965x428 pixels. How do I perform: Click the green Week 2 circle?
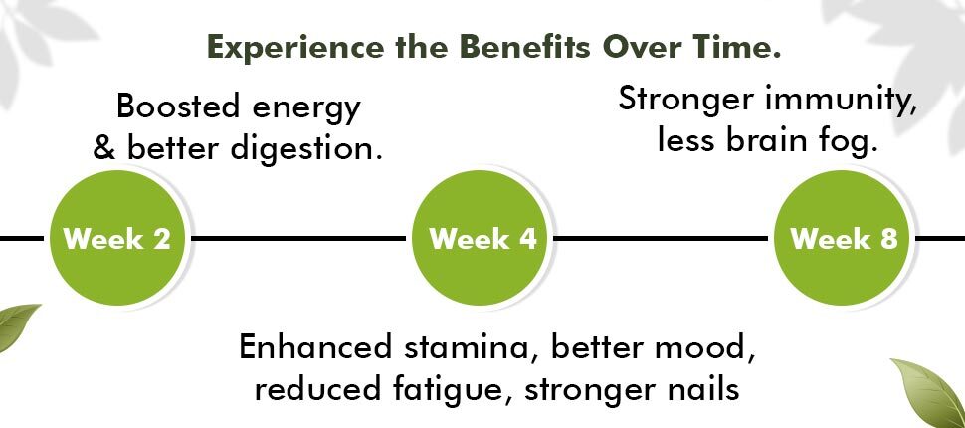tap(117, 238)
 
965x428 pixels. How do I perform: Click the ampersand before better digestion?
tap(104, 148)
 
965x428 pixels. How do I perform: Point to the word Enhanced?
tap(315, 346)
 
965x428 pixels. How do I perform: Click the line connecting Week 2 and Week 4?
tap(297, 238)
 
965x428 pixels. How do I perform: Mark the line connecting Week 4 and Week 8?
tap(661, 238)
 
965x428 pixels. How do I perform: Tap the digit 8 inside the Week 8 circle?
tap(888, 239)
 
